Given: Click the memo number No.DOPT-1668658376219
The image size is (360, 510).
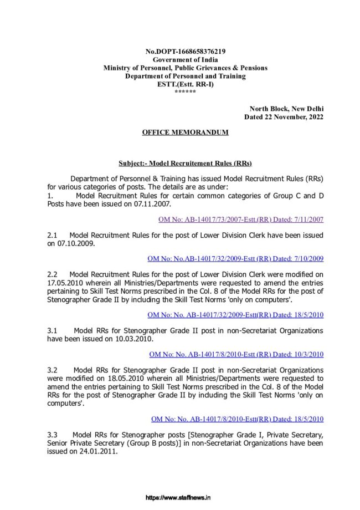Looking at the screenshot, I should [x=185, y=51].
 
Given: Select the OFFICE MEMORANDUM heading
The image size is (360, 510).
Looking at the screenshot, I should [x=185, y=132].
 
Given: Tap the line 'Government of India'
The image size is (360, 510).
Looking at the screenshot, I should [x=185, y=59].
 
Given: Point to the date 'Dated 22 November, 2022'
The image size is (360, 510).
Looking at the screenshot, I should [x=284, y=117].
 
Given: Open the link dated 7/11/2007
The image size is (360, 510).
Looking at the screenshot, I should [x=241, y=220].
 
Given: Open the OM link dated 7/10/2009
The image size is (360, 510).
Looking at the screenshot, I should [x=235, y=258].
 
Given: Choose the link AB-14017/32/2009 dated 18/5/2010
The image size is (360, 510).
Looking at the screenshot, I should [x=235, y=315].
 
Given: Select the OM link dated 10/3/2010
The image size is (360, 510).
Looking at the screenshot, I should [x=236, y=354].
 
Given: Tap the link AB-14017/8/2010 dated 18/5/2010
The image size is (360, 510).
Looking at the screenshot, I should [x=237, y=419].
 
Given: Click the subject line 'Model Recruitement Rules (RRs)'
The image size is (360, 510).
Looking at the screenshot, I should [x=185, y=164].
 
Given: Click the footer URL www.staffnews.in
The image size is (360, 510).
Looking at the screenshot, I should [x=178, y=498].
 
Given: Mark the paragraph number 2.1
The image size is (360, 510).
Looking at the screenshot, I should [x=53, y=235].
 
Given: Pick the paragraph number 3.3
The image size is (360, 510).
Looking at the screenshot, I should [x=53, y=435].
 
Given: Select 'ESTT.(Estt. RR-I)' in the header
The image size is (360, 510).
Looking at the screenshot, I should [x=185, y=84].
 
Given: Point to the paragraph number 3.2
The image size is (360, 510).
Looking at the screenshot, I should [x=53, y=370].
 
